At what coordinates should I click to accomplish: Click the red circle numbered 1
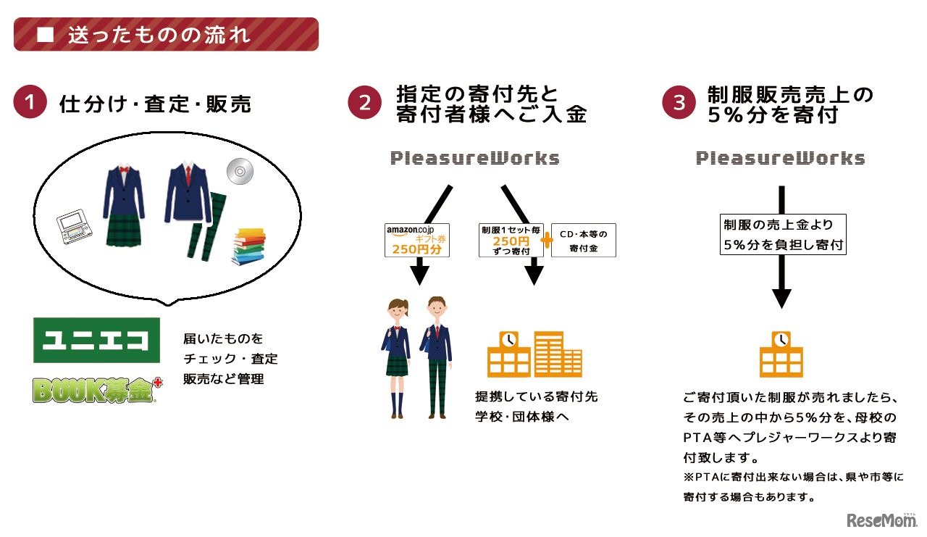point(30,104)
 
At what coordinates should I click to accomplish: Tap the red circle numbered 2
point(365,104)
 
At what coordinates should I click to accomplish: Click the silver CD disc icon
point(238,171)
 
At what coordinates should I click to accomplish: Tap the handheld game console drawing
point(76,228)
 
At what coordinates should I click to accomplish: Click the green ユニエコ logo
point(96,340)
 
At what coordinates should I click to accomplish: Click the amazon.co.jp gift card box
point(417,240)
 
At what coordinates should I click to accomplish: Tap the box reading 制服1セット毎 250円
point(510,240)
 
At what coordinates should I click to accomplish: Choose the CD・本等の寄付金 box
point(584,240)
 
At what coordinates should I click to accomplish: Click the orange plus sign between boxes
point(547,241)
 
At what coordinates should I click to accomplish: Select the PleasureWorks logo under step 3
point(781,158)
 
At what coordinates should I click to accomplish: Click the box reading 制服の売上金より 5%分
point(782,235)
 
